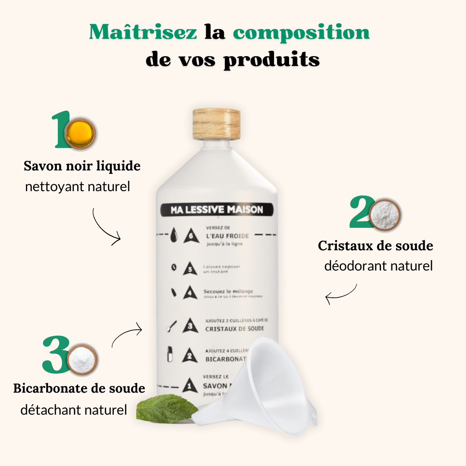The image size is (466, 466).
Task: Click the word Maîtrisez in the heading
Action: tap(143, 32)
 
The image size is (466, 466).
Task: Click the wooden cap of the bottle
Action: tap(216, 124)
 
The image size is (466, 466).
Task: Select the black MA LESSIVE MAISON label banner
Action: tap(217, 210)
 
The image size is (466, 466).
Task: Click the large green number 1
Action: tap(60, 130)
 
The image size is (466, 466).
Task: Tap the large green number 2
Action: tap(361, 212)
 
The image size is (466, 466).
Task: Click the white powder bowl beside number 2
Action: tap(385, 214)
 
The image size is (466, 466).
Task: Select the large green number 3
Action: tap(56, 355)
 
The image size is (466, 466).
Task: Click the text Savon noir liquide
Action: tap(82, 166)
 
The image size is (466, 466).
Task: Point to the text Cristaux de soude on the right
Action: tap(375, 246)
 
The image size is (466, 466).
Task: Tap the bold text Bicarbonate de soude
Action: tap(79, 388)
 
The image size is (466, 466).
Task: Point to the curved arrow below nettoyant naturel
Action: tap(105, 227)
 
